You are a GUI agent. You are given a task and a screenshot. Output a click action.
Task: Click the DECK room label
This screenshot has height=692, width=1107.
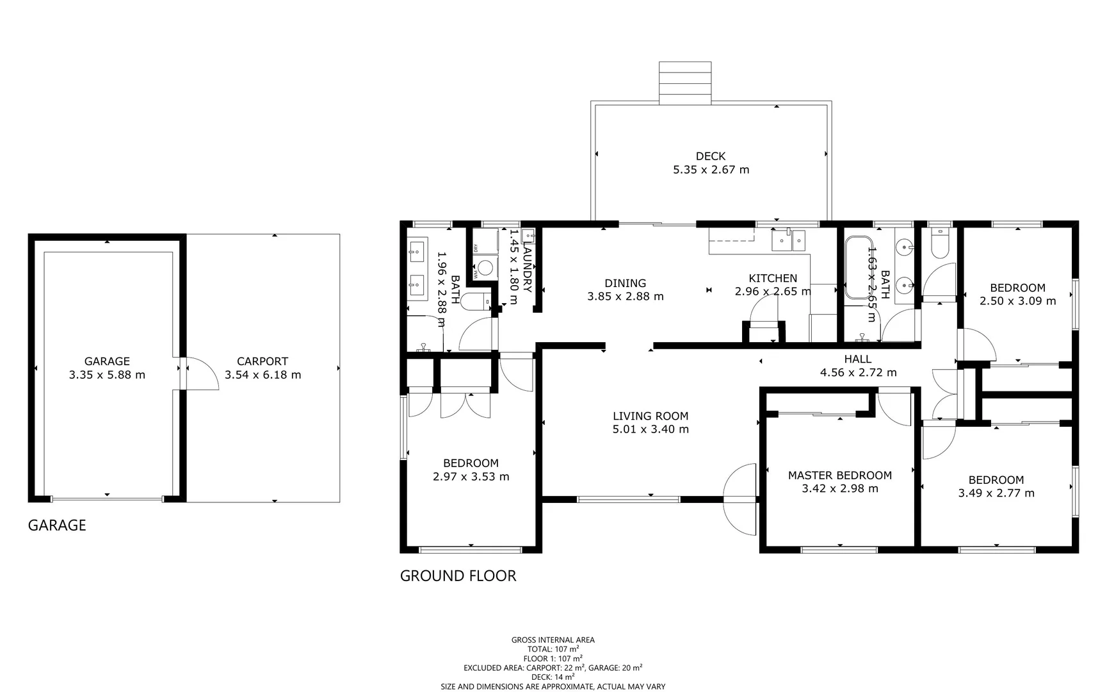point(711,156)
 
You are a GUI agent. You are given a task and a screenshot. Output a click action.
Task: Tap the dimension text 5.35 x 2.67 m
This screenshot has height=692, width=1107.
point(711,170)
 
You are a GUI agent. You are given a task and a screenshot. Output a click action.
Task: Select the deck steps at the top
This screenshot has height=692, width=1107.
point(685,82)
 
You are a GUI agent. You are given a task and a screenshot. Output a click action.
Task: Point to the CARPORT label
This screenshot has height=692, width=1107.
point(263,361)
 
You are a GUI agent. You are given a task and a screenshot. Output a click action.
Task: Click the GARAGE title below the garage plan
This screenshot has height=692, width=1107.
point(57,525)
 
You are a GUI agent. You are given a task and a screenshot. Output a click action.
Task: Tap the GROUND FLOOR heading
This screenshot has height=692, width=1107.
point(458,576)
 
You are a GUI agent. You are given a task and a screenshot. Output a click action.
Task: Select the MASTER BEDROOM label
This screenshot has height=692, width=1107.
point(839,475)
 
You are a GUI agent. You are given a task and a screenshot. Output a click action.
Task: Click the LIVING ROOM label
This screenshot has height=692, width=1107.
point(650,416)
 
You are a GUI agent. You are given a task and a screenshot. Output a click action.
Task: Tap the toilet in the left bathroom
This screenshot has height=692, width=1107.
point(474,301)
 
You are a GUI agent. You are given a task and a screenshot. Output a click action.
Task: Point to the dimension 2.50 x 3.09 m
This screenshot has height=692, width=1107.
point(1017,301)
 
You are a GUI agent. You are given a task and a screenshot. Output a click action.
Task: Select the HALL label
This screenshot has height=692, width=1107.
point(857,359)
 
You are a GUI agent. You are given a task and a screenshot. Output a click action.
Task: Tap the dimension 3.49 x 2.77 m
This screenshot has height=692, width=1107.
point(996,493)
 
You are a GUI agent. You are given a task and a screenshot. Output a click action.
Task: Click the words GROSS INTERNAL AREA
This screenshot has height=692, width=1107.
point(553,639)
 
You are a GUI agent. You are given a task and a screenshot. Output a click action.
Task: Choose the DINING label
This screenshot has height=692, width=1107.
point(625,283)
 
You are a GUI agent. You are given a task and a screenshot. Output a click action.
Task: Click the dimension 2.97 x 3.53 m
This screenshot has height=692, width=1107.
point(471,477)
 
